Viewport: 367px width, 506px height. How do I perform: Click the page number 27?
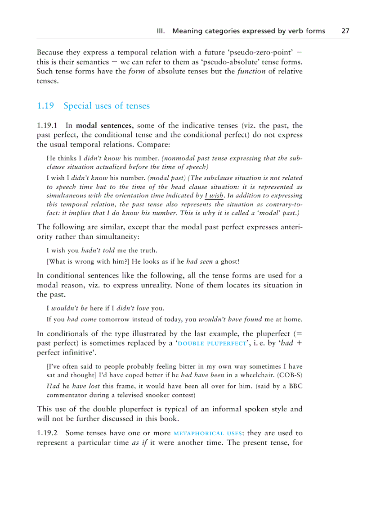point(345,31)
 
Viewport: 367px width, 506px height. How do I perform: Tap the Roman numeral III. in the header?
point(161,31)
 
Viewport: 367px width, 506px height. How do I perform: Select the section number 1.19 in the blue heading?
point(45,106)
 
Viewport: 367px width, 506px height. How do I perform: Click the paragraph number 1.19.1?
point(48,125)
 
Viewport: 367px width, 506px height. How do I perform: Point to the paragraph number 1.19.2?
point(48,433)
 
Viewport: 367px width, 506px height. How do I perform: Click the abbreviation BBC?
point(295,387)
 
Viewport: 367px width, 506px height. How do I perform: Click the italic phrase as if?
point(139,442)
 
